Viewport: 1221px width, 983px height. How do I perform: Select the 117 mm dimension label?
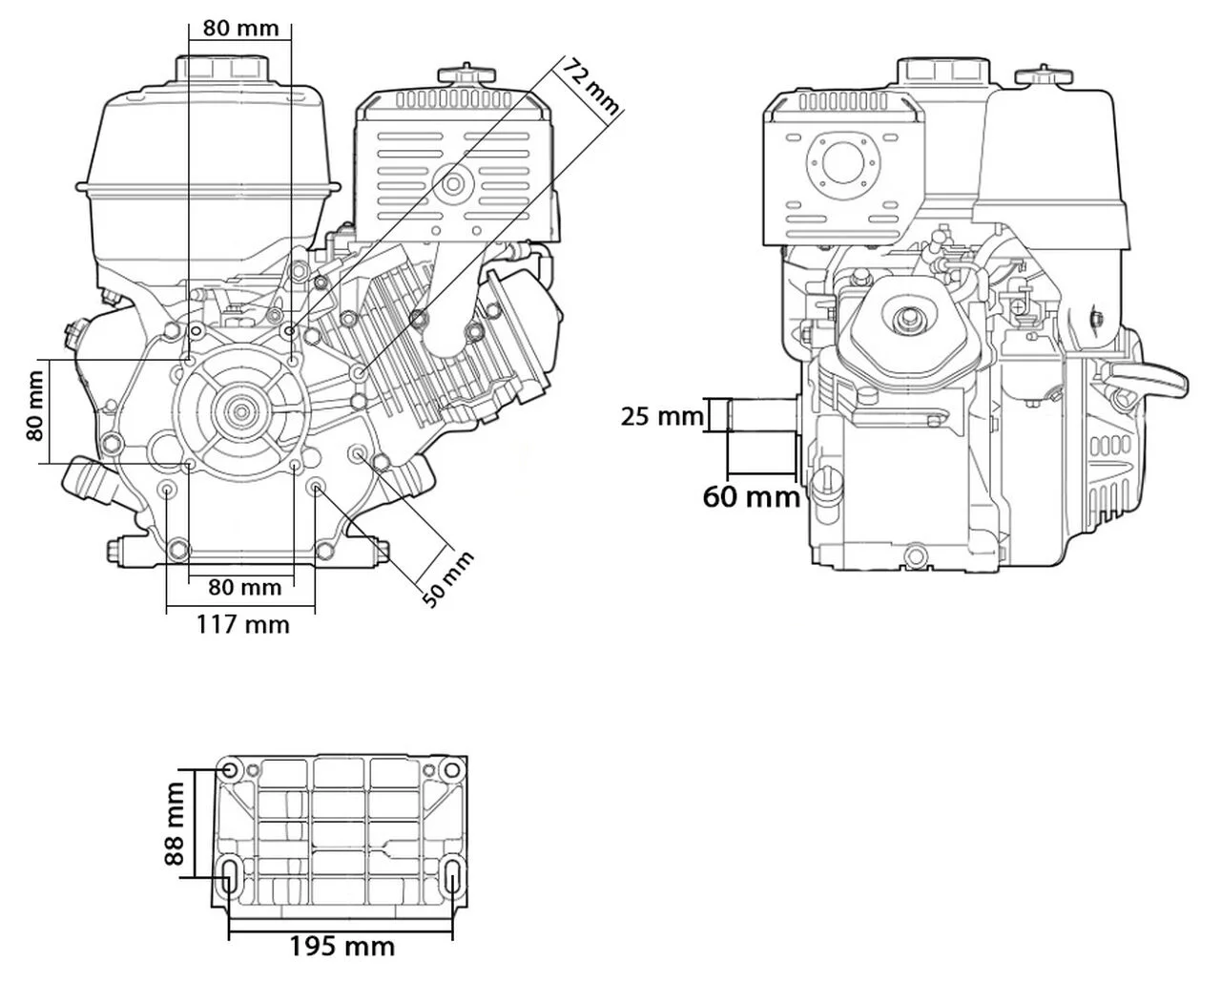click(x=242, y=624)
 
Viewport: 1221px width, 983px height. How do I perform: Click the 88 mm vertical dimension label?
click(x=175, y=824)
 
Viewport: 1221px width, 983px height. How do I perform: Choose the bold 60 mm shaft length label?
click(x=752, y=496)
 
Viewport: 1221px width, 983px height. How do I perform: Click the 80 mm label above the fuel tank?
click(x=241, y=27)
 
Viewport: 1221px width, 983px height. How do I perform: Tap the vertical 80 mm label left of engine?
click(x=36, y=411)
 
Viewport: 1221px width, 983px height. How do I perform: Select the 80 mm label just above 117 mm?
click(x=244, y=586)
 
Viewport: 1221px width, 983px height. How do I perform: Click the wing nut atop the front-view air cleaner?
click(x=464, y=74)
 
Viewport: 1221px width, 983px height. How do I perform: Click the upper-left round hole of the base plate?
click(x=230, y=770)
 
